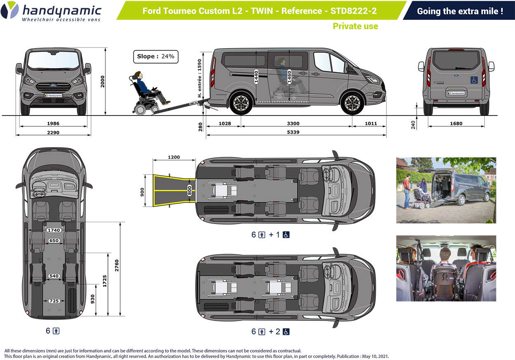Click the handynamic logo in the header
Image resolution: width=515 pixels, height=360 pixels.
click(x=51, y=12)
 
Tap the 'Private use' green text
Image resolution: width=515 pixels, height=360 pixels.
click(x=355, y=26)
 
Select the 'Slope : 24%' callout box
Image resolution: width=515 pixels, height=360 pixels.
click(x=156, y=56)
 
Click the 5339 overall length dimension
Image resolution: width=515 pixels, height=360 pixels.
click(x=293, y=132)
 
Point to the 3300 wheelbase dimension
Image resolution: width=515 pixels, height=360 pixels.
click(x=293, y=123)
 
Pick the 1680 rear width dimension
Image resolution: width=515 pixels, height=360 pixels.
click(x=456, y=123)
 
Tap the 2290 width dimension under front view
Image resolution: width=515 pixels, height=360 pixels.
click(x=53, y=132)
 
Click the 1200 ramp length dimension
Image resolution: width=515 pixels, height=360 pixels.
click(x=174, y=158)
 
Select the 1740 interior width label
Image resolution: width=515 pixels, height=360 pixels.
click(x=54, y=230)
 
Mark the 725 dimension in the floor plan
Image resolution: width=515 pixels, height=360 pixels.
click(x=54, y=301)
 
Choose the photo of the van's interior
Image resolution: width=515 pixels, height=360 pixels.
click(x=446, y=268)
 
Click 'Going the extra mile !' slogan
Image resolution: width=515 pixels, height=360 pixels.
click(x=460, y=11)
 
